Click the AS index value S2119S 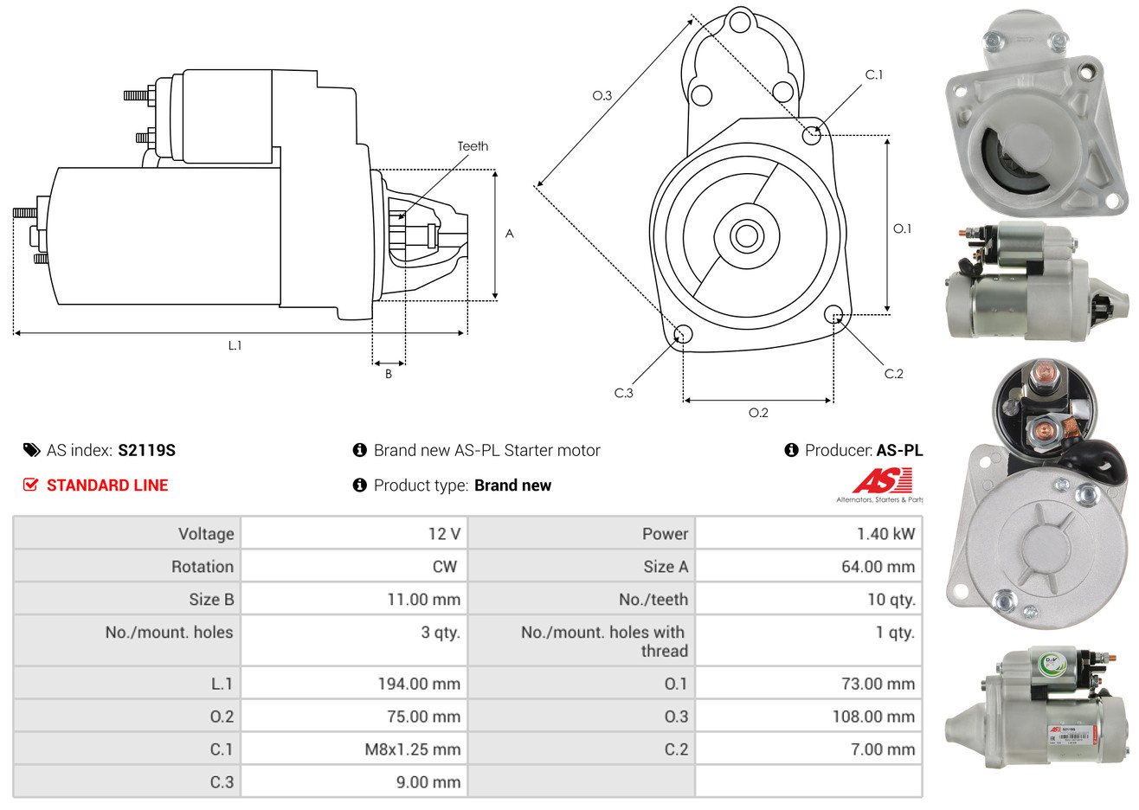tap(146, 450)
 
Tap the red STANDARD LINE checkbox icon tap(31, 485)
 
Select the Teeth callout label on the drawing tap(473, 146)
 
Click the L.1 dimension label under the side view tap(235, 345)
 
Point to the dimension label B tap(389, 374)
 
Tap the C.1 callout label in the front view tap(874, 75)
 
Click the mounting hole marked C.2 tap(833, 313)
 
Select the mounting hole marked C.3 tap(683, 334)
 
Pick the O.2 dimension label tap(758, 413)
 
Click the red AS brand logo tap(882, 481)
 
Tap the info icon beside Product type tap(360, 485)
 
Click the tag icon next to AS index tap(32, 450)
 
